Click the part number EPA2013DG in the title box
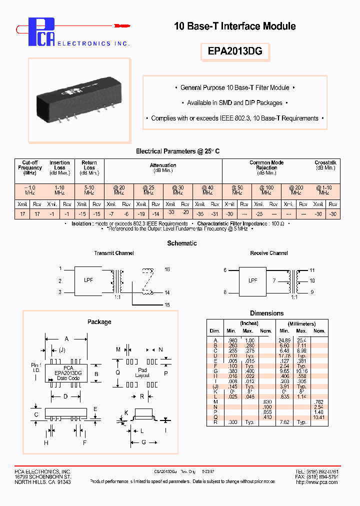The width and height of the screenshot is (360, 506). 234,51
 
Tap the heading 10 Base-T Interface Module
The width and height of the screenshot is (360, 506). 234,26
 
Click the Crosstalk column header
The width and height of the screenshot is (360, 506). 325,165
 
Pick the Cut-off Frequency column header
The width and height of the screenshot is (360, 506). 30,168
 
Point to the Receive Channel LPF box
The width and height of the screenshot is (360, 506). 253,280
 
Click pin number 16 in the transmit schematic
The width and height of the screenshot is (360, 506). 167,269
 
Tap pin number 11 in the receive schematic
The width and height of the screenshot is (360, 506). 312,270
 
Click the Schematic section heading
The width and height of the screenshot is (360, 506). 181,243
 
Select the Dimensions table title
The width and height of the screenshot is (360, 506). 266,313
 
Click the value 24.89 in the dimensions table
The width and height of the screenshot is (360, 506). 284,340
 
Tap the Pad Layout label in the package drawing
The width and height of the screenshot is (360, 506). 142,373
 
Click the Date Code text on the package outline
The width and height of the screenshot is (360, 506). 68,378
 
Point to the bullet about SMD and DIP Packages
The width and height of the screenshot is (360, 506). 234,103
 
